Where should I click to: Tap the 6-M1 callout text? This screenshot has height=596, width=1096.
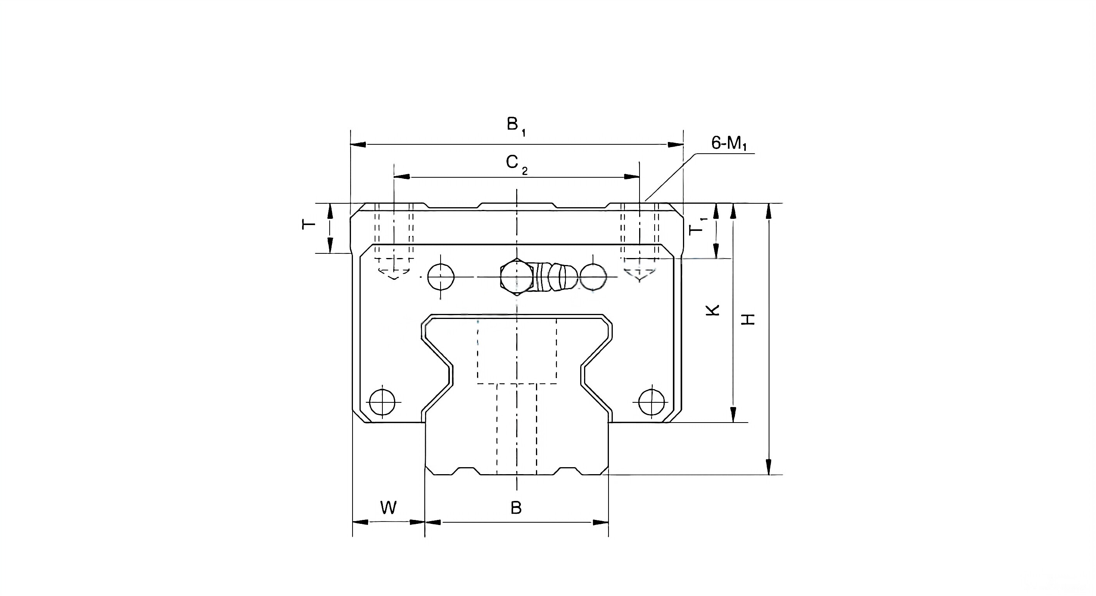click(729, 144)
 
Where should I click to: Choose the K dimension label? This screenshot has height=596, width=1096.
click(713, 310)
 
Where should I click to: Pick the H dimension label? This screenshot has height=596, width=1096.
click(748, 319)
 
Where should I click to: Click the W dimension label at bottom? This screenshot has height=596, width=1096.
click(388, 508)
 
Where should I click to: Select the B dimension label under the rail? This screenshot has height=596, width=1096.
click(516, 508)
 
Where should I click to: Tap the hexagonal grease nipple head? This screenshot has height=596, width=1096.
click(516, 277)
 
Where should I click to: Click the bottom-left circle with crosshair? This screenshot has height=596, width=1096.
click(382, 402)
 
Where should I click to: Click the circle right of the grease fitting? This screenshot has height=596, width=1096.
click(593, 277)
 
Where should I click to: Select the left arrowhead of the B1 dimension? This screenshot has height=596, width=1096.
click(358, 145)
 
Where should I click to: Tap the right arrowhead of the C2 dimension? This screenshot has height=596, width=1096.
click(632, 177)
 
